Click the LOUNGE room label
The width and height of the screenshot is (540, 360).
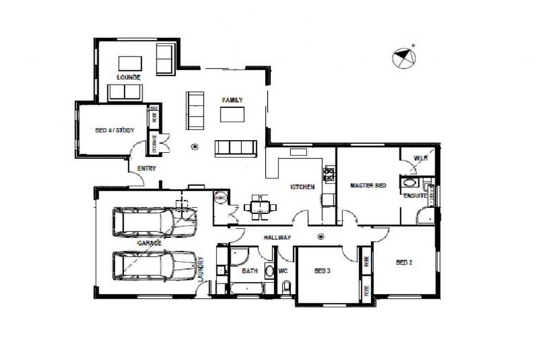tap(129, 77)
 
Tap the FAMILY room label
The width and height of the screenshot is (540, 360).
tap(232, 101)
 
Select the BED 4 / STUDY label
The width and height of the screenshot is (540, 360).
tap(115, 130)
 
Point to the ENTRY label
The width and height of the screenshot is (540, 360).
tap(147, 168)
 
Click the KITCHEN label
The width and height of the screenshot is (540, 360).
tap(302, 187)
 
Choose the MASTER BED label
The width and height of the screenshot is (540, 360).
tap(368, 186)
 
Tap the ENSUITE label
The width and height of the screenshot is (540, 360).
tap(414, 195)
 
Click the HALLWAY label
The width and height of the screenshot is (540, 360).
tap(277, 238)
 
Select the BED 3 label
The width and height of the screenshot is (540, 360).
tap(322, 270)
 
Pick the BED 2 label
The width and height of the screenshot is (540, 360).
tap(404, 263)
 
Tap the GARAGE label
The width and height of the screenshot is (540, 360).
tap(149, 243)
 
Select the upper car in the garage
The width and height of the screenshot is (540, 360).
tap(154, 221)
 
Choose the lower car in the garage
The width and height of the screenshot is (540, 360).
tap(154, 265)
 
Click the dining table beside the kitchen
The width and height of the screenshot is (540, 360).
tap(259, 207)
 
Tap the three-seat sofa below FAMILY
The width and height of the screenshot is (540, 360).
tap(236, 147)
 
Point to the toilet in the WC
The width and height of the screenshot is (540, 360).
tap(285, 287)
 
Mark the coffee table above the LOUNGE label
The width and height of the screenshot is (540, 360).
tap(129, 63)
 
